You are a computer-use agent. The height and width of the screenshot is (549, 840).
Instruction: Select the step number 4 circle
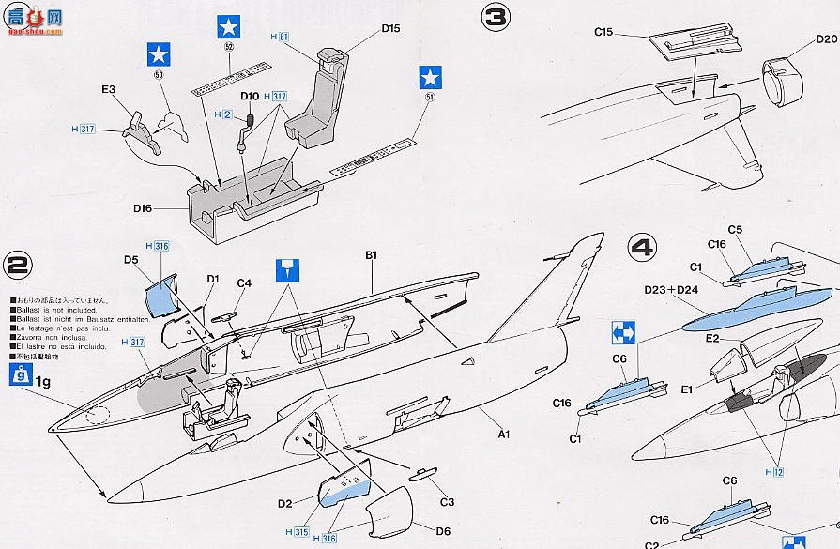[641, 249]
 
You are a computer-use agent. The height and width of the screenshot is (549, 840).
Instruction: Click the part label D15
[390, 28]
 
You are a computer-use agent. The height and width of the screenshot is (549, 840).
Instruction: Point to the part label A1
[502, 434]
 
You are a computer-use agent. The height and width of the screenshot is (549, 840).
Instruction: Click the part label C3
[447, 502]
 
